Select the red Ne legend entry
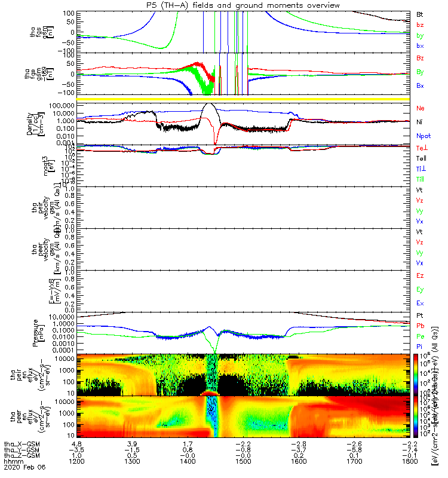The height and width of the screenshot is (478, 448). pyautogui.click(x=419, y=108)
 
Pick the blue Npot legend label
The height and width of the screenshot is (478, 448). pyautogui.click(x=423, y=136)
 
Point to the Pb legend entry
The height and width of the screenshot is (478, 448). pyautogui.click(x=419, y=326)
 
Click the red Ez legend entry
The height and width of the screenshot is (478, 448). pyautogui.click(x=419, y=275)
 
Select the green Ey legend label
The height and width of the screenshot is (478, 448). pyautogui.click(x=419, y=289)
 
